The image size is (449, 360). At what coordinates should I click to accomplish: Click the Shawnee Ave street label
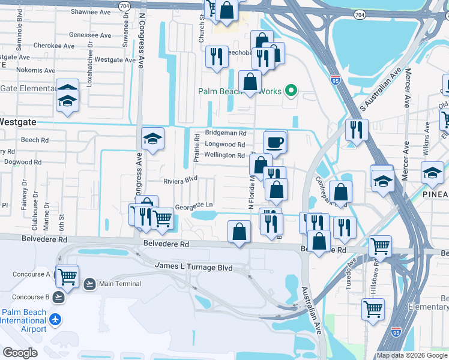click(90, 11)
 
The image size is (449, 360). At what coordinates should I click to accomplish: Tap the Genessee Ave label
click(91, 35)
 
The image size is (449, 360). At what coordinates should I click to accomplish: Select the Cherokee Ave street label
click(54, 45)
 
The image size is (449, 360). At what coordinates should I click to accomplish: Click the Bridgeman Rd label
click(226, 133)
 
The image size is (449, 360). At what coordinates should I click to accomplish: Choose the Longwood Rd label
click(225, 145)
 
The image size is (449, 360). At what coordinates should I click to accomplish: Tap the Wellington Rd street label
click(224, 155)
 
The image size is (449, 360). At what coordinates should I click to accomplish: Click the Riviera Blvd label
click(181, 180)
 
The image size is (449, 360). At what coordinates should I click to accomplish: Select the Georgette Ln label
click(193, 205)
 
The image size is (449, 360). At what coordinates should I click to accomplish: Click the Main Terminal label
click(120, 284)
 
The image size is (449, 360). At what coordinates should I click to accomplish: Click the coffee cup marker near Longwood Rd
click(275, 142)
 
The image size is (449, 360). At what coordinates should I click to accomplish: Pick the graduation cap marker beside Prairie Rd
click(153, 139)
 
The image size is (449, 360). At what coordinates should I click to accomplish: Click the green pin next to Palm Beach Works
click(291, 91)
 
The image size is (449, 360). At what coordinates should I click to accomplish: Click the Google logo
click(20, 353)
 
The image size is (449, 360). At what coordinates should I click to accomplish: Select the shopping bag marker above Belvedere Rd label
click(239, 232)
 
